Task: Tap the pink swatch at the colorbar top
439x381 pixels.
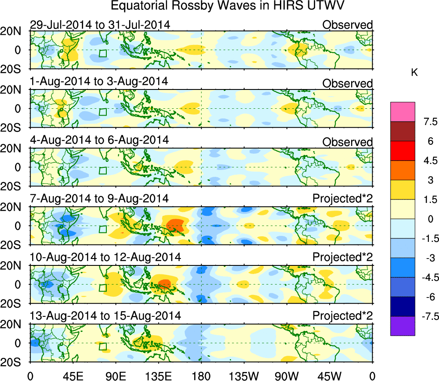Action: (403, 112)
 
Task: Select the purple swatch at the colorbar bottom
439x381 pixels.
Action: (403, 326)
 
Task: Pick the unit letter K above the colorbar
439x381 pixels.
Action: (414, 73)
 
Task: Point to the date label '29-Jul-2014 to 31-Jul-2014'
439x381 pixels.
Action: (100, 25)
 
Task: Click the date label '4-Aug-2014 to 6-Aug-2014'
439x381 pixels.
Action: (99, 140)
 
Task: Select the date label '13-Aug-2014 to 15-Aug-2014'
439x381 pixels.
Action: (105, 316)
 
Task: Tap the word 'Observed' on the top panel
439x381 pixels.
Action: (348, 25)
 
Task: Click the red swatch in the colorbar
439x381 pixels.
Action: (403, 151)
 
